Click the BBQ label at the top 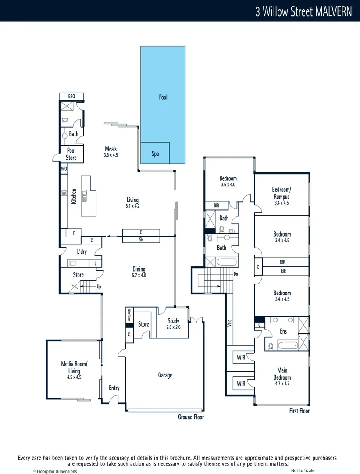coord(71,97)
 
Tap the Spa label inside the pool coord(155,154)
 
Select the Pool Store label coord(71,154)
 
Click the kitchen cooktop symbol coord(63,193)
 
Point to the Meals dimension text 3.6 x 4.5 coord(110,155)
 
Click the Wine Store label coord(129,316)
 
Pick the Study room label coord(173,321)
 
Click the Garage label coord(165,375)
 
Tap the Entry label coord(114,388)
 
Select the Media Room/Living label coord(74,367)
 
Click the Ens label coord(283,331)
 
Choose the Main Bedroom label coord(282,374)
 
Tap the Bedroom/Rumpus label coord(282,194)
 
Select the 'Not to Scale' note coord(303,470)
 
